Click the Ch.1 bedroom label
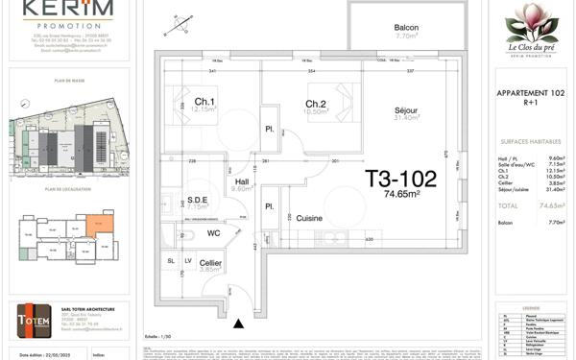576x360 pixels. (204, 102)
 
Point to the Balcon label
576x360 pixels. (407, 27)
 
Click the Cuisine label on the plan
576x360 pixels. (309, 219)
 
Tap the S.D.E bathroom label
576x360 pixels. (198, 199)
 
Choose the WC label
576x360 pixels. (214, 232)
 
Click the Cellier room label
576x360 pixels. (211, 262)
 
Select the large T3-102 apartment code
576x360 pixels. (401, 179)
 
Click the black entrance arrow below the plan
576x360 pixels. (238, 324)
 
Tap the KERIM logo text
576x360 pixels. (67, 9)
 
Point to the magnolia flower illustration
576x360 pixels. (531, 24)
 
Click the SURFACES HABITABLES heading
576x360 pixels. (531, 140)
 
